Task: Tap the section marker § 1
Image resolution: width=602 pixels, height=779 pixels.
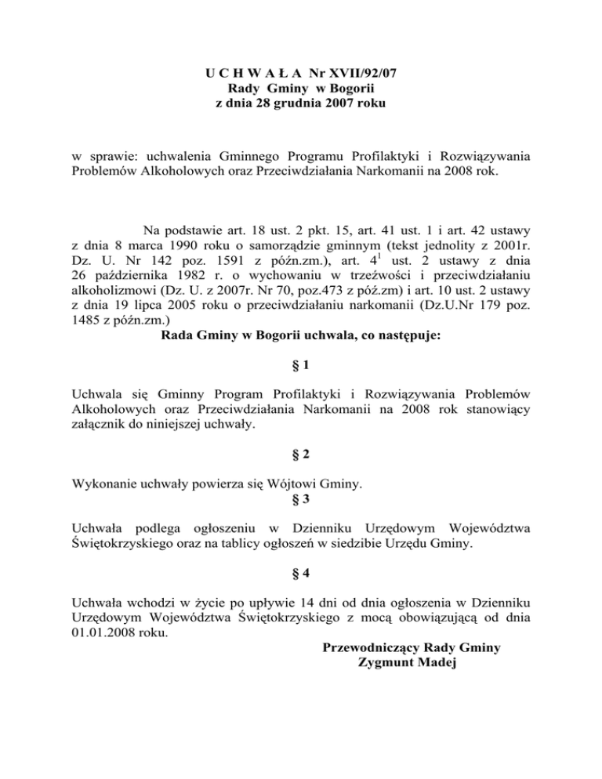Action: pos(300,367)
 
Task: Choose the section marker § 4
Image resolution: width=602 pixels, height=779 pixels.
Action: pos(300,573)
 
